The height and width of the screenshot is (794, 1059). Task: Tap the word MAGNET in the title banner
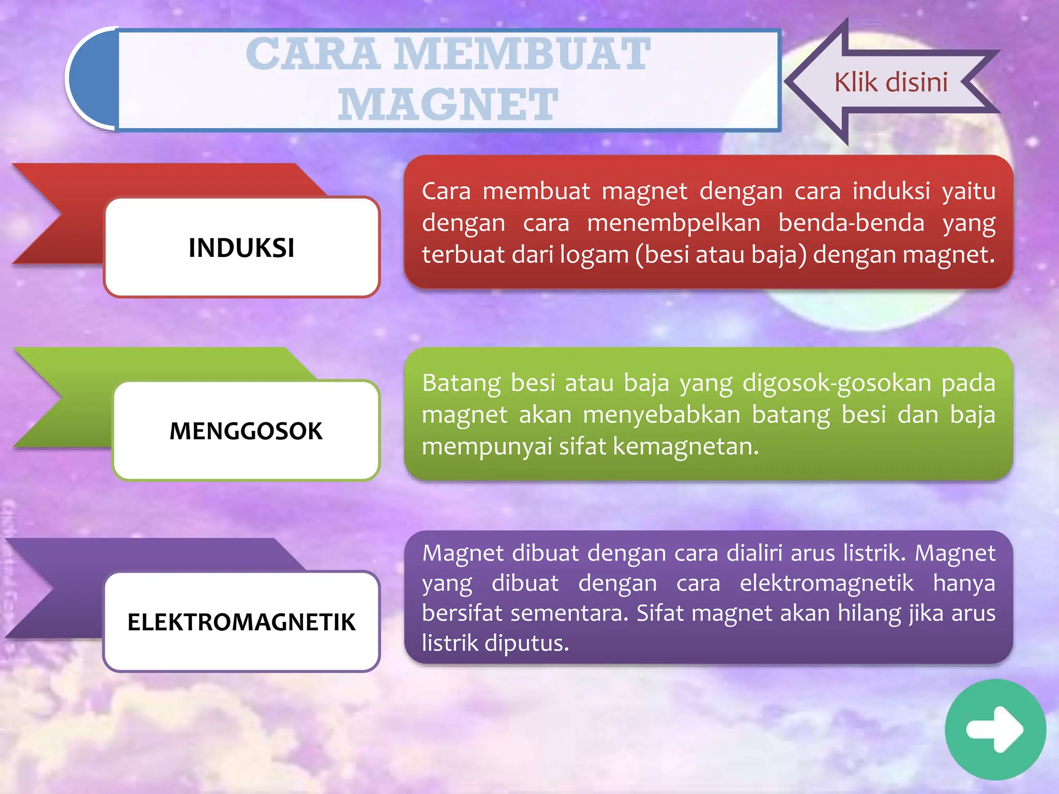[448, 104]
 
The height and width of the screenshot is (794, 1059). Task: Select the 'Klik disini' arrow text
[890, 83]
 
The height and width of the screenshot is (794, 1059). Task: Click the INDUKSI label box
[241, 248]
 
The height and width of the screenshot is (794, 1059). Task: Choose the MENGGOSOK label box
[246, 431]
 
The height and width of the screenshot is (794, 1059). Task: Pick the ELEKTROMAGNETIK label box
[241, 622]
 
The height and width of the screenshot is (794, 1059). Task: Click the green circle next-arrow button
[995, 729]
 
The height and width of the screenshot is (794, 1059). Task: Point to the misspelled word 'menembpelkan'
[673, 223]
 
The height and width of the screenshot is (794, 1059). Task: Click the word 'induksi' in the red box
[891, 191]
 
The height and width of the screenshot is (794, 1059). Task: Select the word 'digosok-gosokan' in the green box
[836, 383]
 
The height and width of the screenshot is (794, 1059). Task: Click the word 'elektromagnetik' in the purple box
[826, 583]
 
